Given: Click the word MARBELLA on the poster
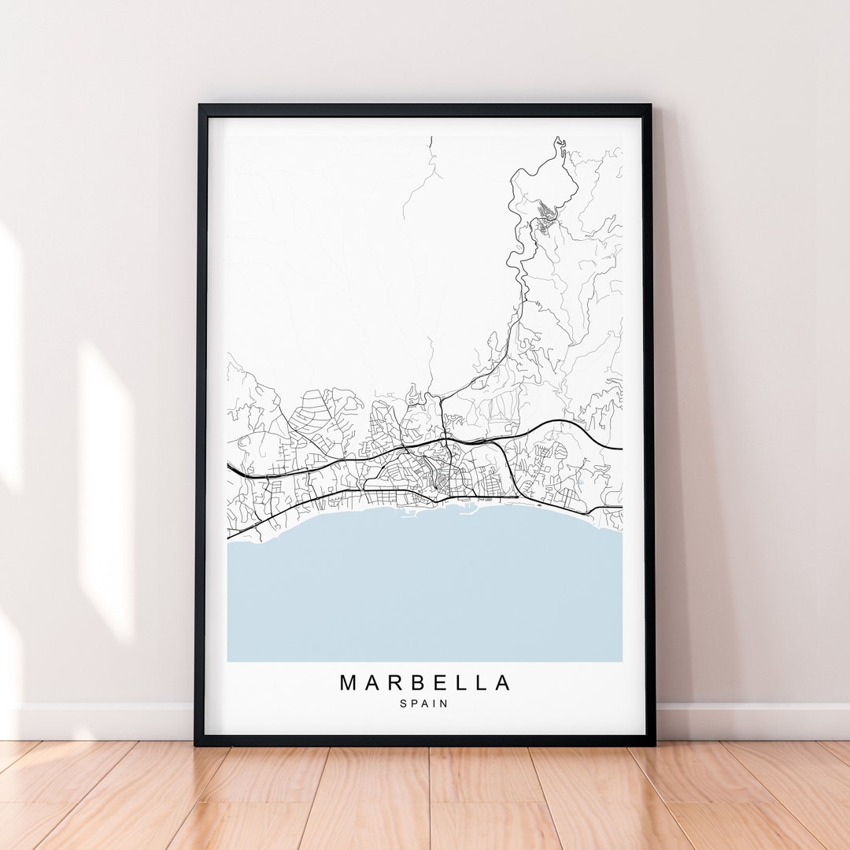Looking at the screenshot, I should [x=425, y=682].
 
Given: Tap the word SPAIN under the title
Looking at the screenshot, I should [x=424, y=704].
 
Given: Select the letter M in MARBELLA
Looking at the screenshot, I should [x=349, y=682].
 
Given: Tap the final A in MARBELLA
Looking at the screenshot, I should [x=502, y=682].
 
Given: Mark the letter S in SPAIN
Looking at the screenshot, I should [x=403, y=704].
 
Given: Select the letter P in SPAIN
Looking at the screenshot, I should [x=414, y=704].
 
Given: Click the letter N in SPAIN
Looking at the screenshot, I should [x=445, y=704].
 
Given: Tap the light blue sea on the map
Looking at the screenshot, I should [x=425, y=590].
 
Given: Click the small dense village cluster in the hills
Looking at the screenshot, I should [x=545, y=213].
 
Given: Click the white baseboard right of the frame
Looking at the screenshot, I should [x=748, y=721].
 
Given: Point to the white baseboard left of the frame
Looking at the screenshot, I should [x=102, y=721].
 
